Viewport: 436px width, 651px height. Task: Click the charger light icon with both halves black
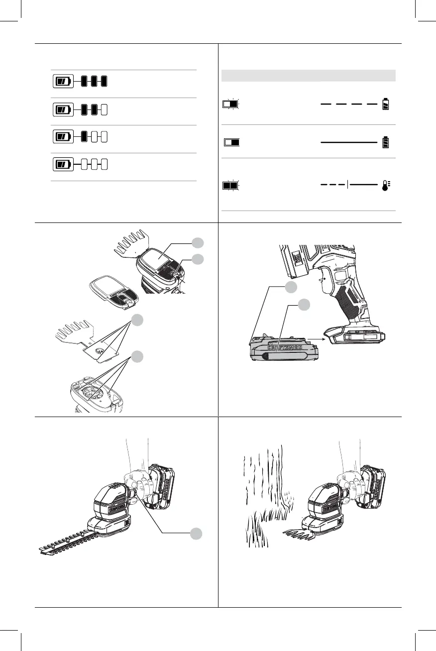tap(230, 186)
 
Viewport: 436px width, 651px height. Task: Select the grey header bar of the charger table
tap(308, 76)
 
